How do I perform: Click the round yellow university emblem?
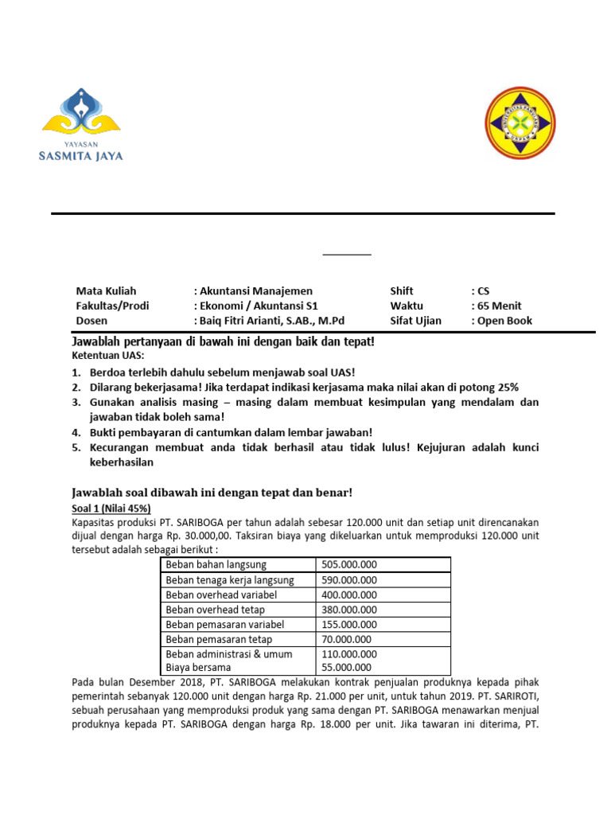(x=520, y=123)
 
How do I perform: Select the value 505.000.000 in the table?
(x=348, y=564)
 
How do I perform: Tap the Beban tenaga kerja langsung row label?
(x=229, y=579)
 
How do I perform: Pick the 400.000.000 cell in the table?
(x=348, y=595)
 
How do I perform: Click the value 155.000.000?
(x=348, y=624)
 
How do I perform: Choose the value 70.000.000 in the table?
(x=346, y=639)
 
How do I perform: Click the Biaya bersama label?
(x=198, y=667)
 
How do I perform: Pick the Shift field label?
(x=402, y=291)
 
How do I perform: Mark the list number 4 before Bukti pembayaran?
(x=76, y=432)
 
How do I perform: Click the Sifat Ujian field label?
(x=415, y=321)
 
